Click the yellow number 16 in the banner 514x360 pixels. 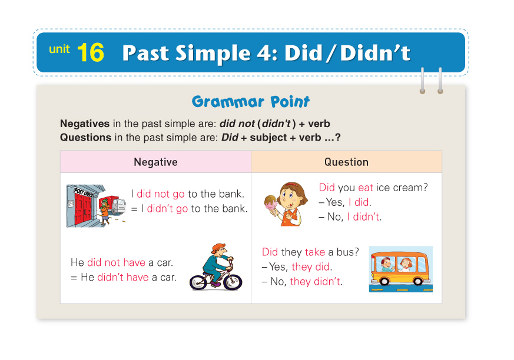pyautogui.click(x=91, y=52)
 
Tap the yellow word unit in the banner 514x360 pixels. pyautogui.click(x=59, y=49)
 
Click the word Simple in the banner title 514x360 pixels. pyautogui.click(x=213, y=54)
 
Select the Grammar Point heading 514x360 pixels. pyautogui.click(x=250, y=102)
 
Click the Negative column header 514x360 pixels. pyautogui.click(x=155, y=162)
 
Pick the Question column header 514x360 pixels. pyautogui.click(x=346, y=162)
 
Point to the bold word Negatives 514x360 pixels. pyautogui.click(x=85, y=124)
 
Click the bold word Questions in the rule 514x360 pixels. pyautogui.click(x=85, y=137)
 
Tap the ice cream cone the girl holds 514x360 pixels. pyautogui.click(x=271, y=205)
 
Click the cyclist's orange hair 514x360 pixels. pyautogui.click(x=218, y=248)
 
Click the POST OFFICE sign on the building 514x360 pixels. pyautogui.click(x=84, y=192)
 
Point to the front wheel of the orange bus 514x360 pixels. pyautogui.click(x=417, y=281)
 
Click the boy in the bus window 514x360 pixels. pyautogui.click(x=387, y=264)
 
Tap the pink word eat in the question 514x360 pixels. pyautogui.click(x=366, y=188)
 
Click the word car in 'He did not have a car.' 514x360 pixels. pyautogui.click(x=164, y=262)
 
